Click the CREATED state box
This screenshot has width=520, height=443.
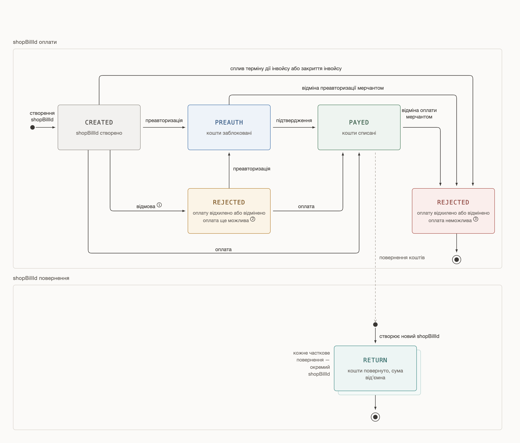point(99,127)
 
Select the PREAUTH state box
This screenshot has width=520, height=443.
point(229,127)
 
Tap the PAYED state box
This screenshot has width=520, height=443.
point(359,127)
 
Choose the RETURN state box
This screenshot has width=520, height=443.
point(375,368)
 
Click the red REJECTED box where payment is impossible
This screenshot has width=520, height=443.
point(453,211)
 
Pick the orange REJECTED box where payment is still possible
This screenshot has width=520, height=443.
point(229,211)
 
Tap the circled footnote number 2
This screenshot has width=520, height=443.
point(253,219)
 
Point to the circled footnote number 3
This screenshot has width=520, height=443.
point(476,219)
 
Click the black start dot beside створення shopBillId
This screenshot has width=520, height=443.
point(32,127)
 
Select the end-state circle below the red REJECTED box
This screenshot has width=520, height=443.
point(456,260)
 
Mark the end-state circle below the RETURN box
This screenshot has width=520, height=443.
point(375,417)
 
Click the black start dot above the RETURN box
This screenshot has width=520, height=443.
point(375,325)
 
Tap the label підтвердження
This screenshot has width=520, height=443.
point(294,120)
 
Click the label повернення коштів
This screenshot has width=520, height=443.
point(402,258)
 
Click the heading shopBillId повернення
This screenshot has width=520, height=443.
point(41,278)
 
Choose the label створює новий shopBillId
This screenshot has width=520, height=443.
point(409,336)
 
